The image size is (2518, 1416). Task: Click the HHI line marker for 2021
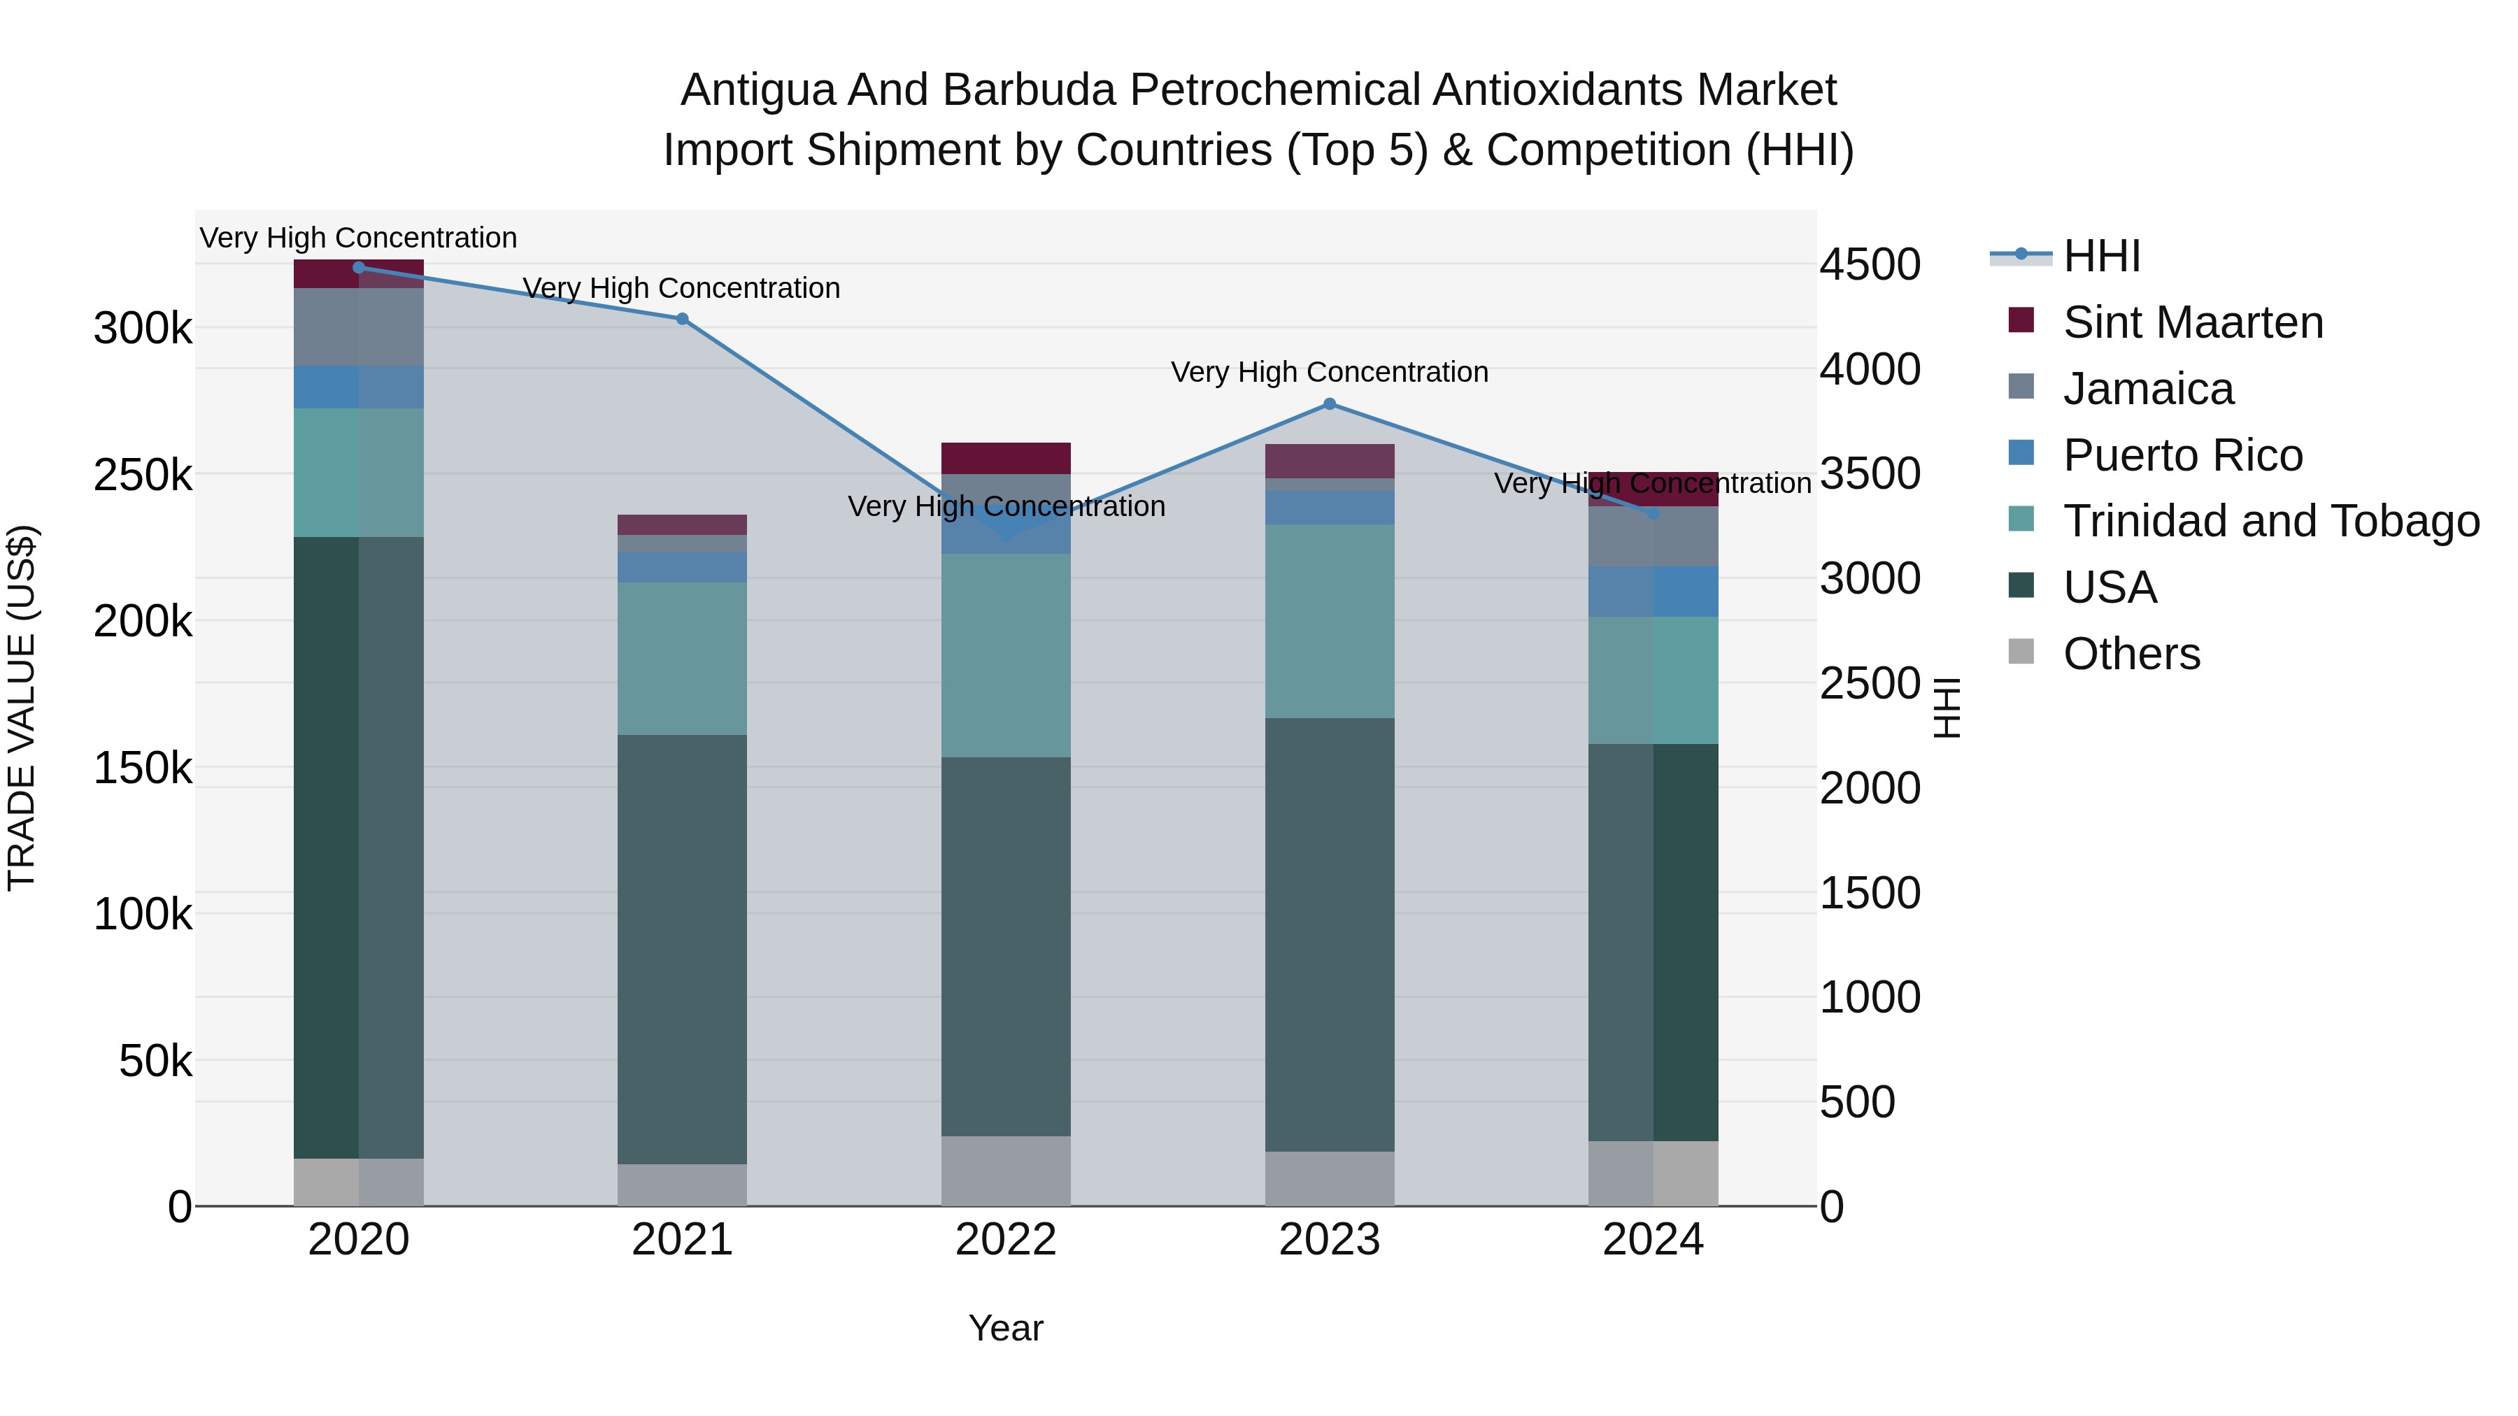[682, 319]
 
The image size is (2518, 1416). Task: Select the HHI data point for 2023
[1330, 403]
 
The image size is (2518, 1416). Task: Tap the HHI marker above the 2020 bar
[359, 267]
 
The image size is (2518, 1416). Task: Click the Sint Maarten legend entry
[2193, 322]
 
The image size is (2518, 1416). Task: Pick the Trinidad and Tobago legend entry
[2270, 521]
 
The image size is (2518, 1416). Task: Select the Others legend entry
[2131, 654]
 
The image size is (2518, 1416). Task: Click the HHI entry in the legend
[2102, 256]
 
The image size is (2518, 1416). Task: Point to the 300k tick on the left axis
[143, 329]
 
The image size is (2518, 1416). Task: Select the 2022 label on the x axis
[1006, 1240]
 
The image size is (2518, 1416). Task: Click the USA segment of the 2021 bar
[682, 948]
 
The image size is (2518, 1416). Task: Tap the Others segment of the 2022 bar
[1006, 1171]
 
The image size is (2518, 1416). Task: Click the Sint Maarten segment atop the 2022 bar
[1006, 458]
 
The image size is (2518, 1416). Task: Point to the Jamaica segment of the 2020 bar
[359, 327]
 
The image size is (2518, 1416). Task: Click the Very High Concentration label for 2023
[1330, 372]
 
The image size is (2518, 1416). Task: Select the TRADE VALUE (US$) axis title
[22, 708]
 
